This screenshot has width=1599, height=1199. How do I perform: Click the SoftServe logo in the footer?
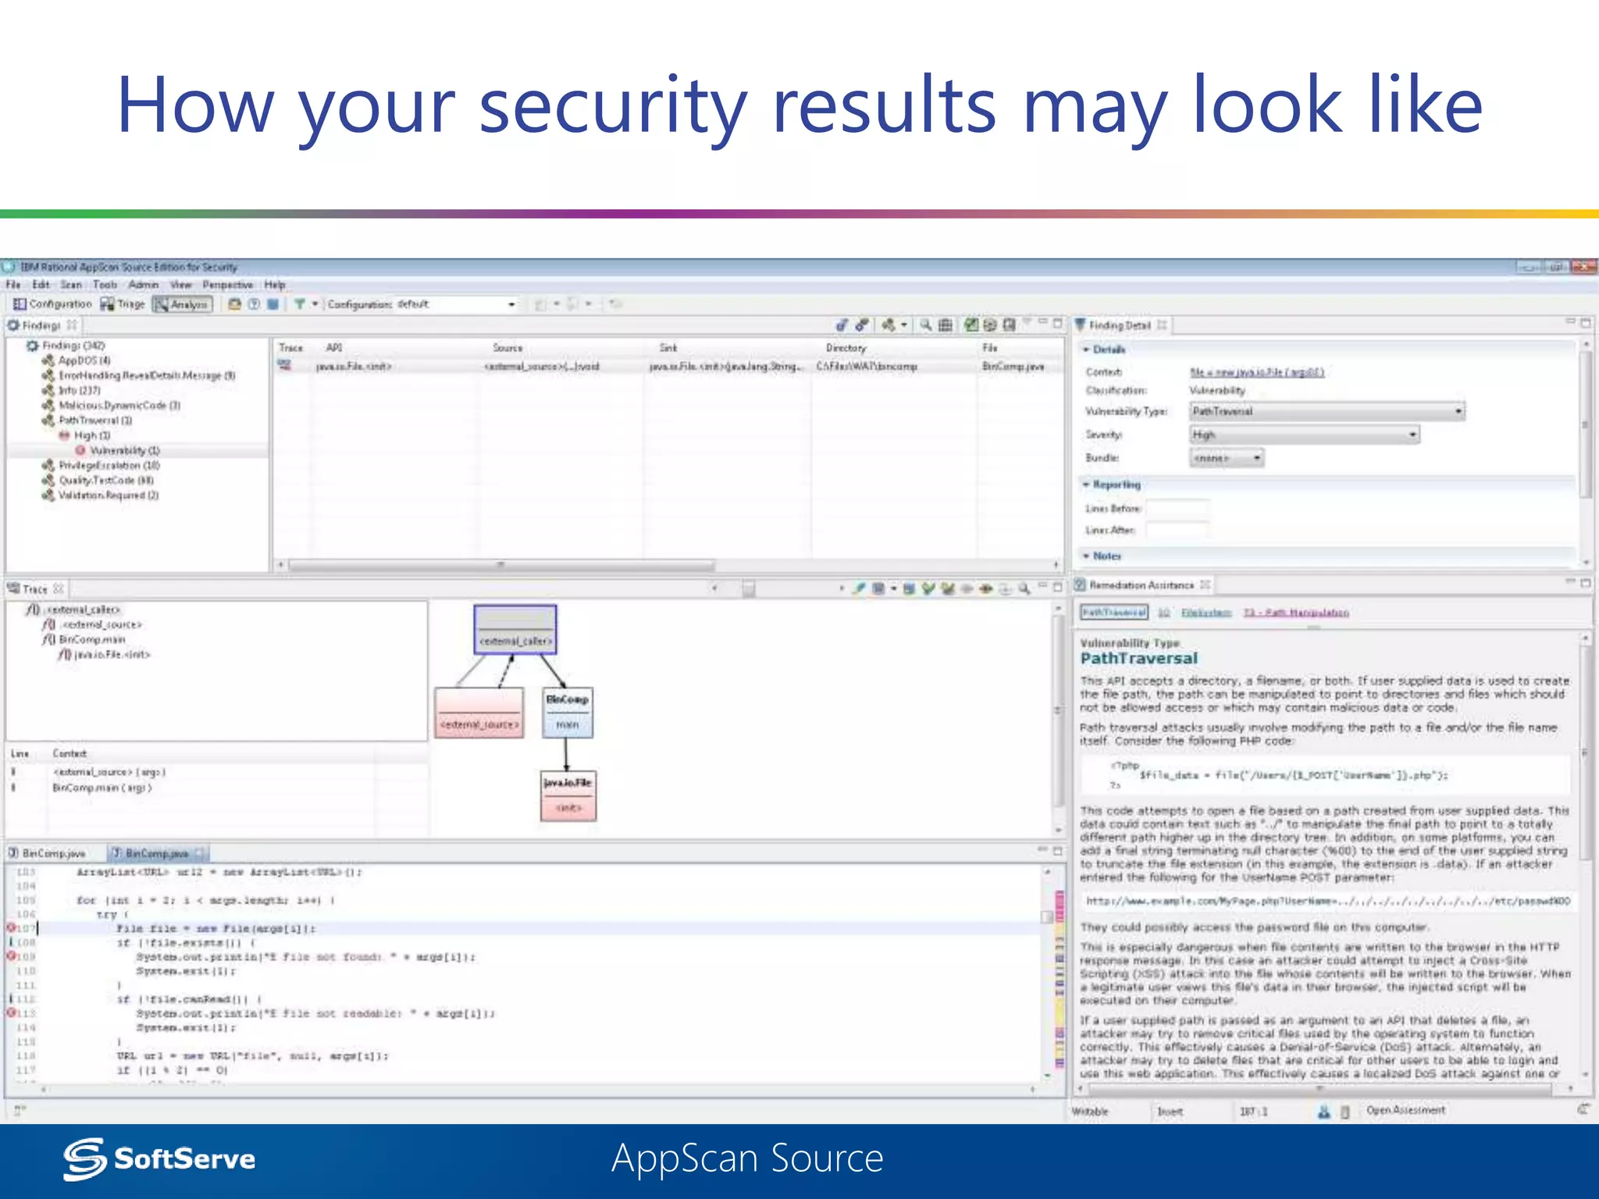[x=160, y=1158]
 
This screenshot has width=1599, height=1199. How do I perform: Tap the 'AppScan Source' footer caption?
[x=747, y=1158]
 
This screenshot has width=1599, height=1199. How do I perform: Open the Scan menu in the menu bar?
[x=71, y=285]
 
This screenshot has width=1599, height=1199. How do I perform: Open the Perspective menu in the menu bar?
[x=227, y=285]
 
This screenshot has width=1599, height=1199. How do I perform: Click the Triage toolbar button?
[x=123, y=304]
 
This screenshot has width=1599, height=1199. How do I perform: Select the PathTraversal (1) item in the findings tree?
[x=95, y=421]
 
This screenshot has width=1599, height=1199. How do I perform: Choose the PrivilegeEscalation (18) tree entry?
[x=109, y=465]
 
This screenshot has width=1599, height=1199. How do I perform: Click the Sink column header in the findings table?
[x=668, y=348]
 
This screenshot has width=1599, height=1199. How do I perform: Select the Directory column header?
[x=846, y=348]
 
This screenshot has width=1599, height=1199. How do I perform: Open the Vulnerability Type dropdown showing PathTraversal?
[x=1327, y=411]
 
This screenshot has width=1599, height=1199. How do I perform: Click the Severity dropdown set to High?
[x=1304, y=435]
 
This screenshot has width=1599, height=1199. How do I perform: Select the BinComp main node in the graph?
[x=568, y=712]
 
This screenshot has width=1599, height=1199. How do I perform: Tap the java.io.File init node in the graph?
[x=568, y=795]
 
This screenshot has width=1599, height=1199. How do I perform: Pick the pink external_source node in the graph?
[x=479, y=713]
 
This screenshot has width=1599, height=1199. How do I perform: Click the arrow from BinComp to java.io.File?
[x=567, y=754]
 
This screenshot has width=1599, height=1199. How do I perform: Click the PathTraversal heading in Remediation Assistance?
[x=1138, y=659]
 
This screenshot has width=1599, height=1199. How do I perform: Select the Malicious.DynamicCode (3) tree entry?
[x=119, y=406]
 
